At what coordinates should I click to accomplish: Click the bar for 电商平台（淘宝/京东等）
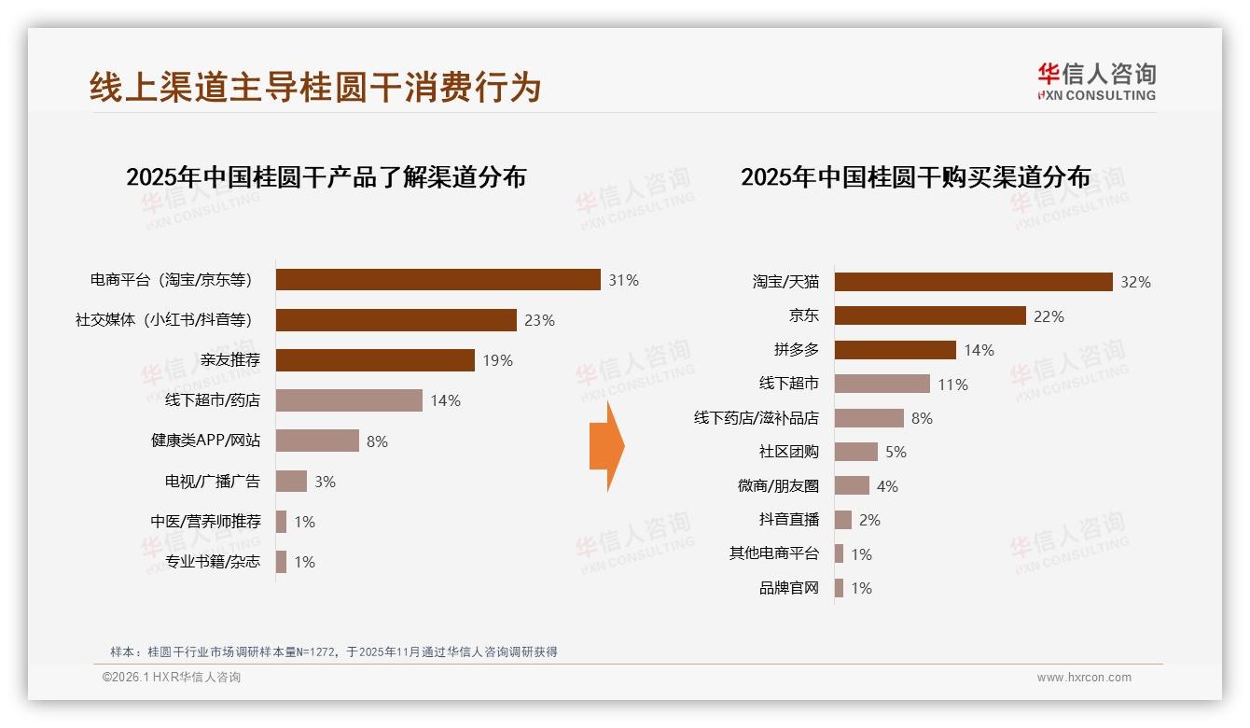click(437, 280)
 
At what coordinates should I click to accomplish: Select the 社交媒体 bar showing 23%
click(396, 320)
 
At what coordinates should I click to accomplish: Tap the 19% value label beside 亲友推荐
click(497, 360)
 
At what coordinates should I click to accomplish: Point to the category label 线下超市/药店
click(213, 400)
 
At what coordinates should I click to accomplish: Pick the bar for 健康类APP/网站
click(317, 441)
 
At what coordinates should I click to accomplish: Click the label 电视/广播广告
click(213, 482)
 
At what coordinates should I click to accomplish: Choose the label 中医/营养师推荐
click(206, 522)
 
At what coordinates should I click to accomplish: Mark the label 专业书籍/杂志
click(213, 562)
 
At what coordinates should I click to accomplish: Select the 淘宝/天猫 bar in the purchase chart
click(973, 282)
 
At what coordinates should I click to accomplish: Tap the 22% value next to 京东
click(1049, 316)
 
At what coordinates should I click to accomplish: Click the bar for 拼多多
click(895, 350)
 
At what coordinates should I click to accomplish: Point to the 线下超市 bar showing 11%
click(882, 384)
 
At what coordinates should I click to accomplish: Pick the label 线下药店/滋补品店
click(756, 418)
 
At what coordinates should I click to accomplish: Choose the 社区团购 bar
click(855, 452)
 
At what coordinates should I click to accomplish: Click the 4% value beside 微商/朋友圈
click(887, 486)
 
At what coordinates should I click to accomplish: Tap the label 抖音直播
click(788, 520)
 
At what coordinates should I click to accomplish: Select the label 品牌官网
click(788, 588)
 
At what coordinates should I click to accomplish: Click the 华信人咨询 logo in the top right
click(1096, 81)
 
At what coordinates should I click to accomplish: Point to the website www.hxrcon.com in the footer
click(1083, 678)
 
